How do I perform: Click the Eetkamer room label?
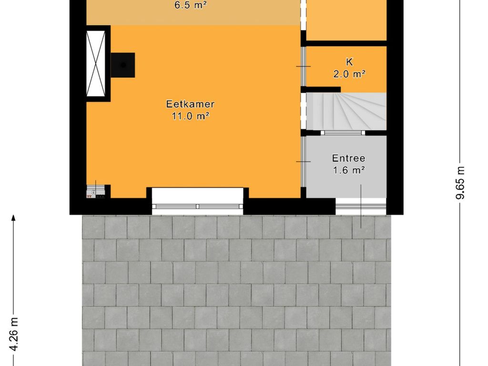click(190, 104)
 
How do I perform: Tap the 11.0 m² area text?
click(191, 116)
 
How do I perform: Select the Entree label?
click(348, 158)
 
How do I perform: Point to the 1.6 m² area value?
click(349, 170)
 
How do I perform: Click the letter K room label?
click(349, 62)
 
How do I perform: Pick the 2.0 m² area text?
click(349, 74)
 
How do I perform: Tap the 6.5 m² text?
click(191, 5)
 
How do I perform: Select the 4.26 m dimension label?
click(14, 334)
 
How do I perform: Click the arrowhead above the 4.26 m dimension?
click(13, 218)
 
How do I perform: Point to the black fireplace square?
click(123, 65)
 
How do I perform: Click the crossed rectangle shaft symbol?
click(95, 63)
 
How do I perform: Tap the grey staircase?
click(346, 111)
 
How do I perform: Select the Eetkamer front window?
click(197, 206)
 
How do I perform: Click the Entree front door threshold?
click(361, 206)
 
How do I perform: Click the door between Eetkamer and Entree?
click(303, 162)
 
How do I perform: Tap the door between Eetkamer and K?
click(303, 66)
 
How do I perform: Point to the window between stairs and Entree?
click(343, 133)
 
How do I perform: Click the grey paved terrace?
click(236, 290)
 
